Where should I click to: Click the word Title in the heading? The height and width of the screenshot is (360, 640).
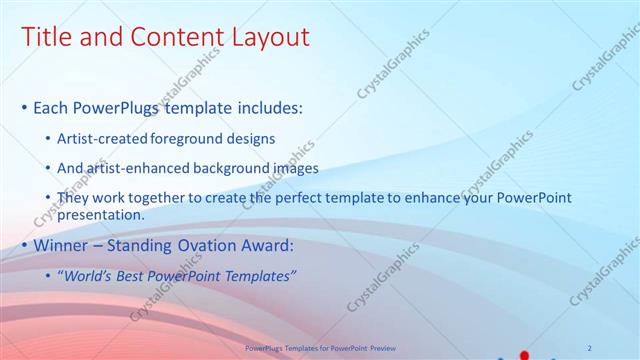(x=45, y=38)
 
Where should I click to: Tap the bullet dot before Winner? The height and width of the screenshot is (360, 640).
(x=24, y=245)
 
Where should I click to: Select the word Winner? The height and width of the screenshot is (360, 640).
(x=62, y=245)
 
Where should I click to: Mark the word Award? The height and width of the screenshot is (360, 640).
(x=268, y=245)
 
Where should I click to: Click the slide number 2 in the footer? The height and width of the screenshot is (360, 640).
(x=590, y=347)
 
